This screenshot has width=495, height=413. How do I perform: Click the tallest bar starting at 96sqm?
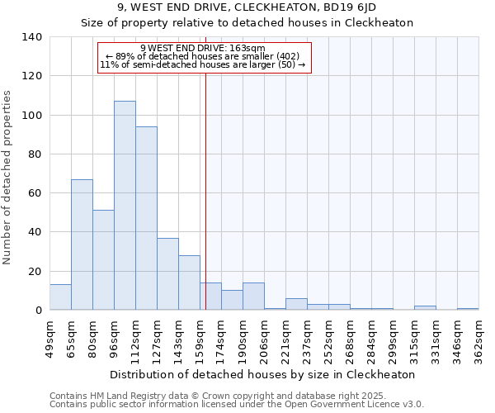[x=125, y=206]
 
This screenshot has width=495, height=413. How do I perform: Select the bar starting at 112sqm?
[x=146, y=218]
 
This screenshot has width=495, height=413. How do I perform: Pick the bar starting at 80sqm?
[x=103, y=260]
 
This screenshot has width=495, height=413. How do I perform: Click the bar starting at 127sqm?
[x=167, y=273]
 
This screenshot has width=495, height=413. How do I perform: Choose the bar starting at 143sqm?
[x=189, y=282]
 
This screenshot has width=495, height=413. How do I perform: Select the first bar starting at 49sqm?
[x=60, y=297]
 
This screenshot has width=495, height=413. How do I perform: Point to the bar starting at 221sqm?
[x=296, y=304]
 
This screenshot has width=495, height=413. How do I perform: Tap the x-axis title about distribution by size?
[x=262, y=374]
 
